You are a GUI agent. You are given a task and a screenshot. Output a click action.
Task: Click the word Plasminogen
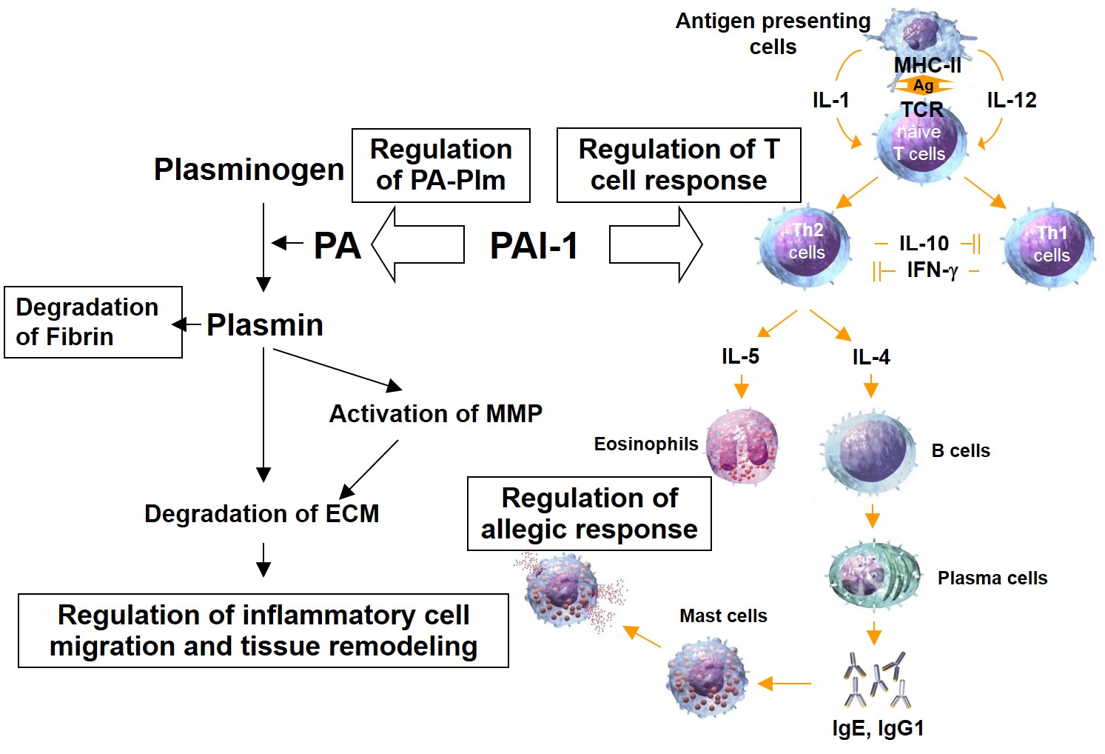249,170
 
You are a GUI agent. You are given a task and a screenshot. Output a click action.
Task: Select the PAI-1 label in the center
534,246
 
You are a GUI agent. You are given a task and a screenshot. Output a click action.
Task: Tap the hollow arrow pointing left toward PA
417,244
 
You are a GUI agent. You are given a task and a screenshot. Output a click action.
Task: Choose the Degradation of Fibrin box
93,322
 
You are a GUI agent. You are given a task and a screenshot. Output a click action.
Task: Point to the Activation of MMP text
435,413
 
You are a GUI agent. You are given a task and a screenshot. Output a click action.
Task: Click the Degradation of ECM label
261,513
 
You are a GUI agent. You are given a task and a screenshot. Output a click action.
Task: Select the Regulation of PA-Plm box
441,165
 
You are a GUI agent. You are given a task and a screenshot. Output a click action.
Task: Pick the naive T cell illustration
921,141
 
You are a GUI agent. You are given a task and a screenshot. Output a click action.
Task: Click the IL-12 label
1012,101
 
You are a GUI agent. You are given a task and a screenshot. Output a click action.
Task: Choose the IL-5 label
740,357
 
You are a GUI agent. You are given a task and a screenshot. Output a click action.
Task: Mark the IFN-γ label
932,270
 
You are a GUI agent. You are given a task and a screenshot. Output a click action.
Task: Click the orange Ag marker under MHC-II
923,86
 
